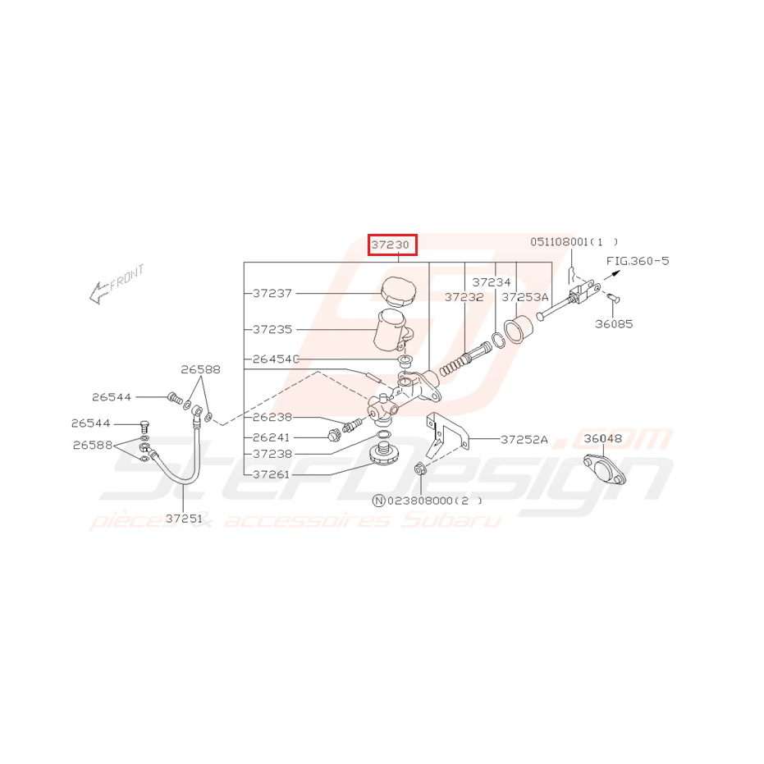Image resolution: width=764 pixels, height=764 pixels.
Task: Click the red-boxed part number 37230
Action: click(x=392, y=245)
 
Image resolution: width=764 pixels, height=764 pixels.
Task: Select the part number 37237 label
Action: click(x=272, y=293)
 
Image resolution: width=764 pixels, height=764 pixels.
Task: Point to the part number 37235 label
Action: click(x=272, y=329)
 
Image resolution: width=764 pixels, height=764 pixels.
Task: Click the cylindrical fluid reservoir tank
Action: click(x=393, y=329)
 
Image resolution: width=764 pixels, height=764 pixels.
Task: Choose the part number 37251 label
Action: click(x=184, y=519)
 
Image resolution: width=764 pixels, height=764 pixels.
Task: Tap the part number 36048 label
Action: click(x=602, y=438)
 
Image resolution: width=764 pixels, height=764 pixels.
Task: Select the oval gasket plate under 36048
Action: click(x=604, y=469)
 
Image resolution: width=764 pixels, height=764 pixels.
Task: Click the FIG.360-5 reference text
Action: click(x=638, y=261)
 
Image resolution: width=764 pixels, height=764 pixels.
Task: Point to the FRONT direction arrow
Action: click(x=100, y=292)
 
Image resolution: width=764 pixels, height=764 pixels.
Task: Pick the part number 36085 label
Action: click(x=614, y=324)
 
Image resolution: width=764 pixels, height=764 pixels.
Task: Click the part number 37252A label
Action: click(x=524, y=440)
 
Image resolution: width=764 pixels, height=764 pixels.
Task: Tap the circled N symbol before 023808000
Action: click(x=378, y=501)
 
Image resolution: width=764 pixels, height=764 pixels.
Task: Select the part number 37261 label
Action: click(x=271, y=474)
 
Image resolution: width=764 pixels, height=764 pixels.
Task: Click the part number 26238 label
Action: click(x=272, y=417)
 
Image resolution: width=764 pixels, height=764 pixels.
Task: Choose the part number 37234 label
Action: click(x=491, y=282)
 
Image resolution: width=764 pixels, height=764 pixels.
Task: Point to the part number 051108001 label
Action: click(x=560, y=241)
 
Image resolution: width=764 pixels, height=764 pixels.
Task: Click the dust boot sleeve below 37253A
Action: click(x=519, y=329)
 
